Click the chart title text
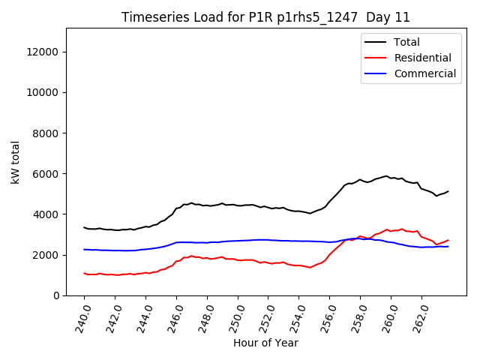click(265, 17)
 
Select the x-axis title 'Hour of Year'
click(265, 343)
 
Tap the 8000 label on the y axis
click(47, 133)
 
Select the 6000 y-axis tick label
click(47, 173)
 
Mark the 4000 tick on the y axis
click(47, 214)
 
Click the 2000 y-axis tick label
click(47, 255)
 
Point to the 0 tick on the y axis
click(56, 295)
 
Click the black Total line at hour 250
click(238, 205)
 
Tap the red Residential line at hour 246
click(176, 262)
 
